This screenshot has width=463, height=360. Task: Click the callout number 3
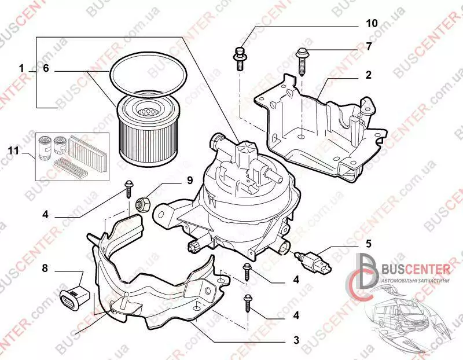[x=296, y=340]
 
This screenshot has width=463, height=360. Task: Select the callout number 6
[x=47, y=69]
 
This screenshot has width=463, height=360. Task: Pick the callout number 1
[x=21, y=69]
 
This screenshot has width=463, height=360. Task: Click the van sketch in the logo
[x=405, y=315]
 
